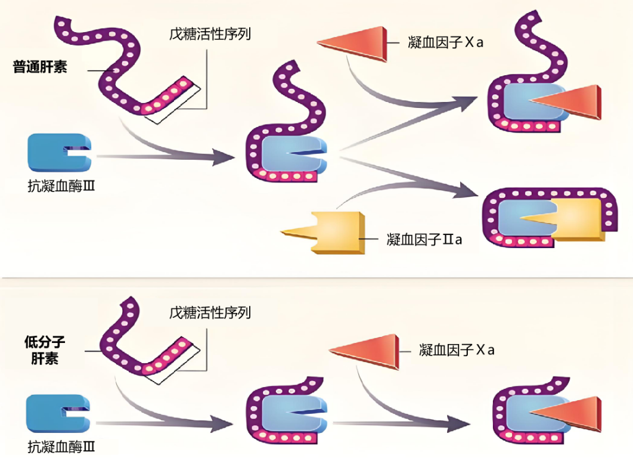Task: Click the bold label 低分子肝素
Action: point(44,350)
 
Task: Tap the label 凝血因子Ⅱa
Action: point(424,239)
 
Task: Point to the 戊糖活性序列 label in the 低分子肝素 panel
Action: point(210,312)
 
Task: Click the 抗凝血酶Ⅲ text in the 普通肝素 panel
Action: point(62,186)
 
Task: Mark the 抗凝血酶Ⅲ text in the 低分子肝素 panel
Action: point(62,446)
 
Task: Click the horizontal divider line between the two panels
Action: point(316,278)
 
